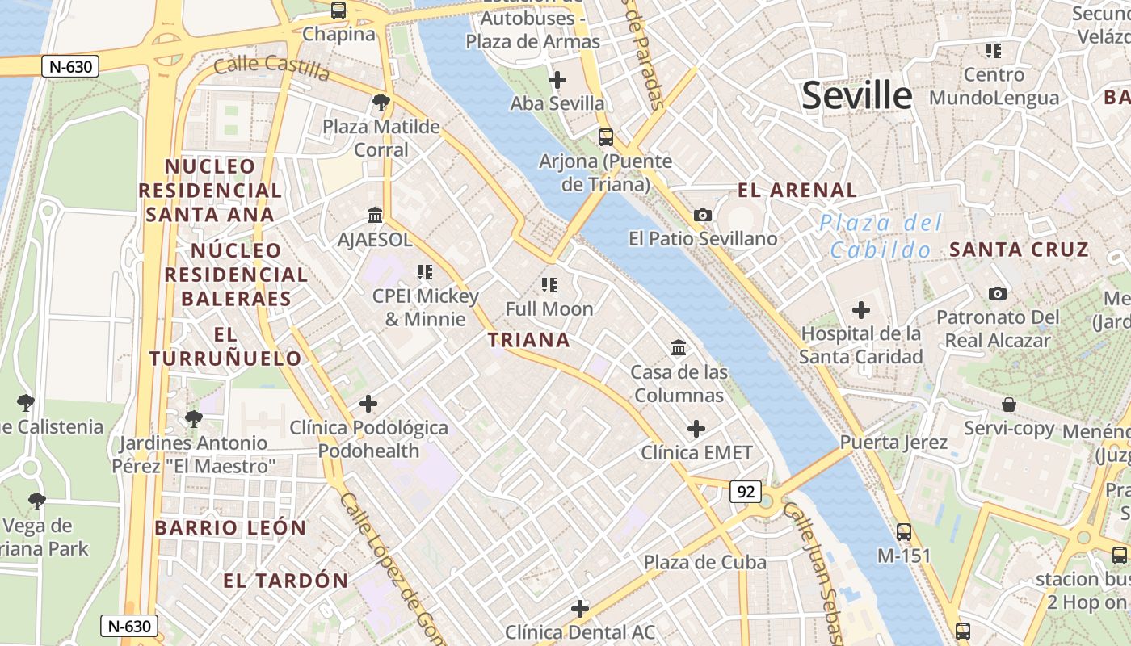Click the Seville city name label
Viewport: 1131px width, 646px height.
click(x=856, y=96)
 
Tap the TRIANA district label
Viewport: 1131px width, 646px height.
click(x=529, y=340)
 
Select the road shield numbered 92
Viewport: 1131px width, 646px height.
click(x=746, y=491)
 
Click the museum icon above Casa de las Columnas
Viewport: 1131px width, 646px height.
click(x=679, y=348)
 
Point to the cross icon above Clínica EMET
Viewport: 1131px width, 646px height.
click(x=696, y=429)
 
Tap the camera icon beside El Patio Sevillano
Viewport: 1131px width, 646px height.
click(x=703, y=215)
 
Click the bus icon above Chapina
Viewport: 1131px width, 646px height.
click(x=338, y=10)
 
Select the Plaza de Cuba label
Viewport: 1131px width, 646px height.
click(x=704, y=562)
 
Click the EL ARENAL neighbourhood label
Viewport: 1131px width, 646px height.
click(x=797, y=191)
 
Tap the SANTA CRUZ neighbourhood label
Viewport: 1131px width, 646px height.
click(x=1019, y=250)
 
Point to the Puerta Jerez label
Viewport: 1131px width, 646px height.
click(x=893, y=443)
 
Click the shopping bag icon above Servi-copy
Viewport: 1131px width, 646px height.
click(x=1008, y=404)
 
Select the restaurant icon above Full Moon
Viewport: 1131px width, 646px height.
click(x=549, y=284)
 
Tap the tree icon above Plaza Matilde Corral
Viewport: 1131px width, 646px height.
click(x=381, y=103)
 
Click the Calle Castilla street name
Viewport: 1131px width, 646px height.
click(x=271, y=68)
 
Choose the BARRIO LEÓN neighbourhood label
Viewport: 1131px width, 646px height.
click(x=230, y=528)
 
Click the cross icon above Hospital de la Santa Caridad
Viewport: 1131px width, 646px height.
click(x=861, y=309)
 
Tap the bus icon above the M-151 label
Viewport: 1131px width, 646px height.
click(x=904, y=532)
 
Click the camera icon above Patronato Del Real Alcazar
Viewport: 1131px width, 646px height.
click(x=998, y=293)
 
